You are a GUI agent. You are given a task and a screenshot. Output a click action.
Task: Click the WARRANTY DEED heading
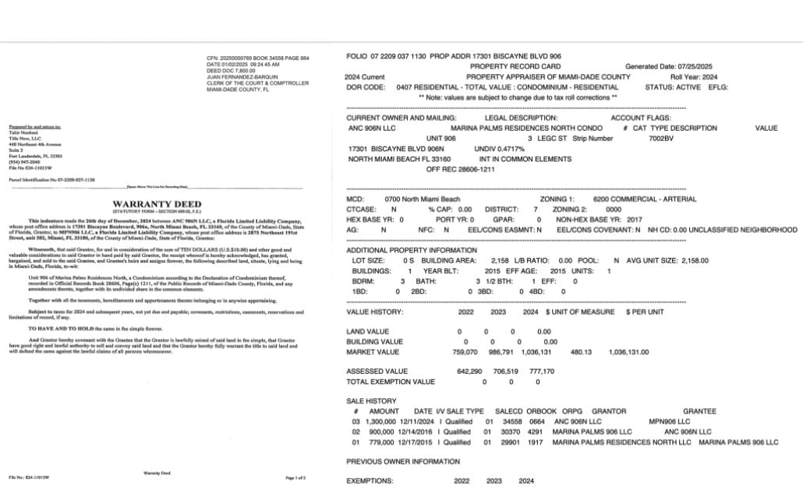148,204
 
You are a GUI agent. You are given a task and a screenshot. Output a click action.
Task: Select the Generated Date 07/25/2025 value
697,67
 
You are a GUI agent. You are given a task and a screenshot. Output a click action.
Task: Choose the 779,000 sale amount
387,442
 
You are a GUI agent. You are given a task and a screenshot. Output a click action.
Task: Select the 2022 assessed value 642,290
472,372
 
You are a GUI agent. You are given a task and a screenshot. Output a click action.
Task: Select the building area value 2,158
500,260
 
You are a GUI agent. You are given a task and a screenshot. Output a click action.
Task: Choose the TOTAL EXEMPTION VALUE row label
391,382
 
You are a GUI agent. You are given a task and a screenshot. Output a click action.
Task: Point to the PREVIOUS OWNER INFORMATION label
402,461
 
